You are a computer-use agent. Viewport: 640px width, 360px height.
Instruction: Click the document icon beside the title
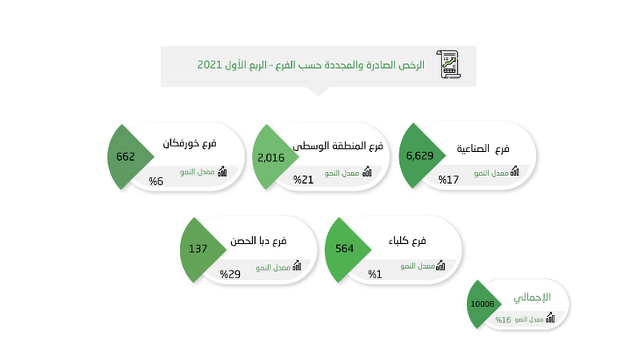pos(449,64)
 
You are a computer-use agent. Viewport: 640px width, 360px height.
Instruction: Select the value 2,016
pos(270,157)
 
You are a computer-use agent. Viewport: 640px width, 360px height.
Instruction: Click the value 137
pos(198,249)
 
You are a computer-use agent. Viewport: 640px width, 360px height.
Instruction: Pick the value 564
pos(345,249)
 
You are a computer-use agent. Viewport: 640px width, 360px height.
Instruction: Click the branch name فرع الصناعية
pos(483,148)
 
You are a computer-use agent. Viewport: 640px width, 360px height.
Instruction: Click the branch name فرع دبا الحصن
pos(258,240)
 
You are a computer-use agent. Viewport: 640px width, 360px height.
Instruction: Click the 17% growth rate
pos(449,180)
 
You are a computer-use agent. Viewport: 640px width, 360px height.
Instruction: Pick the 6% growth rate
pos(156,182)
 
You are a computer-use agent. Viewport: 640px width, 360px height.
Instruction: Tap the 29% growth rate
pos(230,274)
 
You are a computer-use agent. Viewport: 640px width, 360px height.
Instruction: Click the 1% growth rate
pos(375,274)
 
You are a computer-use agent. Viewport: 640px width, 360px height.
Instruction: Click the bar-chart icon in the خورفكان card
pos(222,171)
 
